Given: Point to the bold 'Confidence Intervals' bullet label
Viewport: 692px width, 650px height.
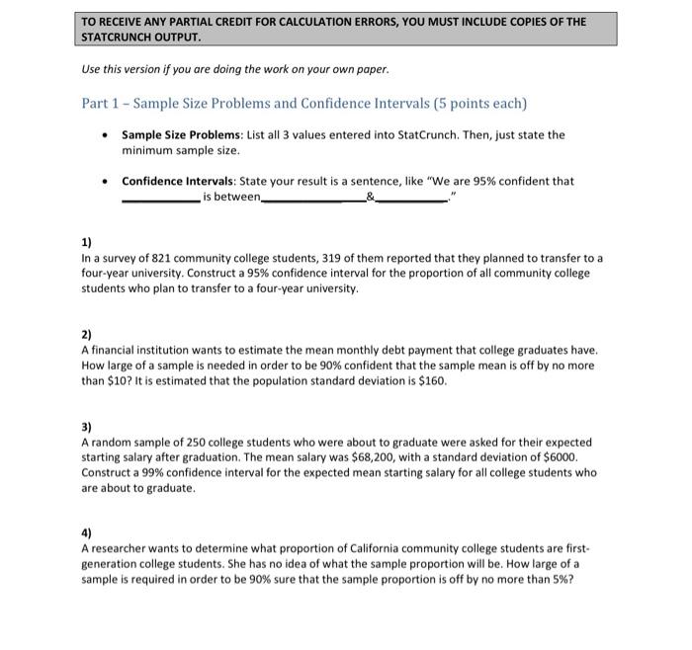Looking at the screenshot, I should click(x=183, y=181).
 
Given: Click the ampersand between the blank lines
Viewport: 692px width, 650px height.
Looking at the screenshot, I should click(x=370, y=198).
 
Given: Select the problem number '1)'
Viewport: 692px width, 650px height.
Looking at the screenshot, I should click(x=87, y=243).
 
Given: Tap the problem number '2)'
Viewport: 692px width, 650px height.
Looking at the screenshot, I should click(x=87, y=335).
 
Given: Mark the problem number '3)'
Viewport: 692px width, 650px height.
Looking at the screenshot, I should click(x=87, y=427).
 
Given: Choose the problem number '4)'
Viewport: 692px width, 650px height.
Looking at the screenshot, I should click(x=87, y=533).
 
